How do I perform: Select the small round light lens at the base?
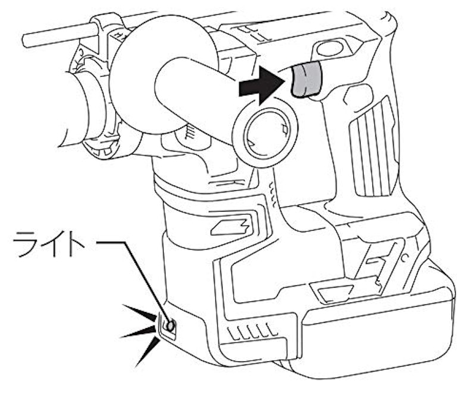click(x=170, y=326)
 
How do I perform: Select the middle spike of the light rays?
click(x=138, y=332)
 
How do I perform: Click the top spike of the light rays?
click(x=140, y=312)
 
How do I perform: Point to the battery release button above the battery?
click(x=333, y=291)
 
